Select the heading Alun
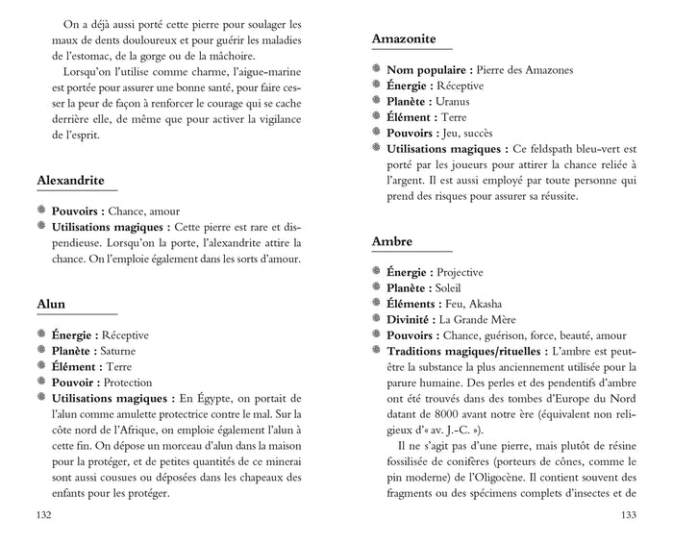51,304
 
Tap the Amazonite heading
411,39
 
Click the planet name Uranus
456,102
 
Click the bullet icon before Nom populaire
377,70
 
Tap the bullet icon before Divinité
377,319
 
